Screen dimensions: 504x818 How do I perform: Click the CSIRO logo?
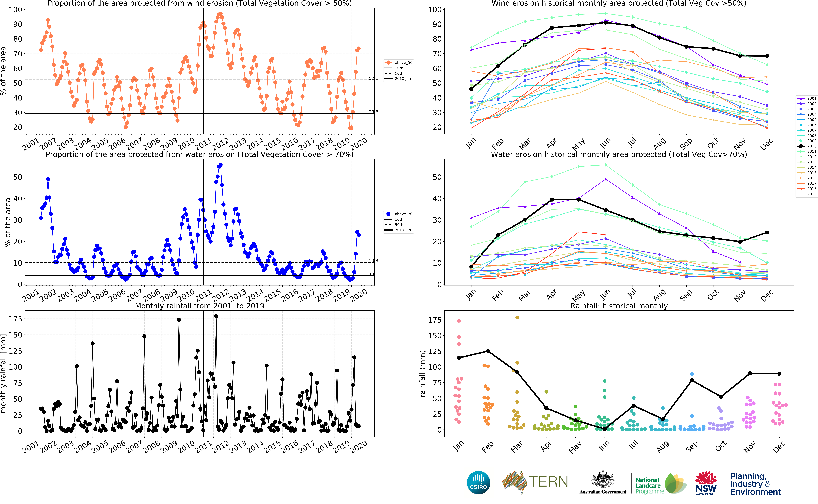(479, 482)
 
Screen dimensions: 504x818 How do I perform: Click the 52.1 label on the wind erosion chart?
(373, 78)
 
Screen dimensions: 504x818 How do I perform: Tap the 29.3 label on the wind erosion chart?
(373, 112)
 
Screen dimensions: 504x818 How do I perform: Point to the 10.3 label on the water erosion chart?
(373, 261)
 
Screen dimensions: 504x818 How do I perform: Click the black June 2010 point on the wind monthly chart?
(605, 22)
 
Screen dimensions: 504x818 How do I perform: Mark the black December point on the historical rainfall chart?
(779, 374)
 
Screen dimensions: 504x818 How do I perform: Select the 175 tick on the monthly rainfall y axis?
(15, 319)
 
